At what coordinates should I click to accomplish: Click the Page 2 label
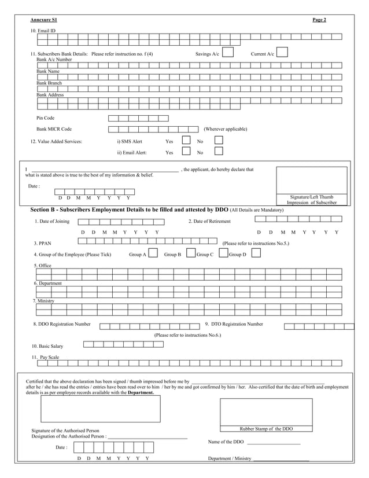(x=319, y=20)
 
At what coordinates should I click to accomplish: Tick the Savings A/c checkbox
(x=228, y=53)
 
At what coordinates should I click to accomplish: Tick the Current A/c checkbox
(x=282, y=53)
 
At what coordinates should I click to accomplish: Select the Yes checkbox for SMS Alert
(x=186, y=141)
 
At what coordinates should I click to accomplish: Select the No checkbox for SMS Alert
(x=219, y=141)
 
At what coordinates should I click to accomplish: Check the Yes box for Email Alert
(x=186, y=152)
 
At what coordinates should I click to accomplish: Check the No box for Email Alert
(x=219, y=152)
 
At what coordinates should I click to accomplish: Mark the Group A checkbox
(x=153, y=253)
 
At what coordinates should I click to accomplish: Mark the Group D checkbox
(x=256, y=253)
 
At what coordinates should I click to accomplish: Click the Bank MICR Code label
(x=54, y=129)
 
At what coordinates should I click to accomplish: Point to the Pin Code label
(x=46, y=117)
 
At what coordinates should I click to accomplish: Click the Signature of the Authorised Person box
(x=100, y=409)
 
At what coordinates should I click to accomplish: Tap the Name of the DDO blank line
(x=273, y=443)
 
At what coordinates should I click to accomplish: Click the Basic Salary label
(x=47, y=346)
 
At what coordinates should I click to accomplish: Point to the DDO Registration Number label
(x=62, y=324)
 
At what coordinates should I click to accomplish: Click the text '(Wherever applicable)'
(x=225, y=129)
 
